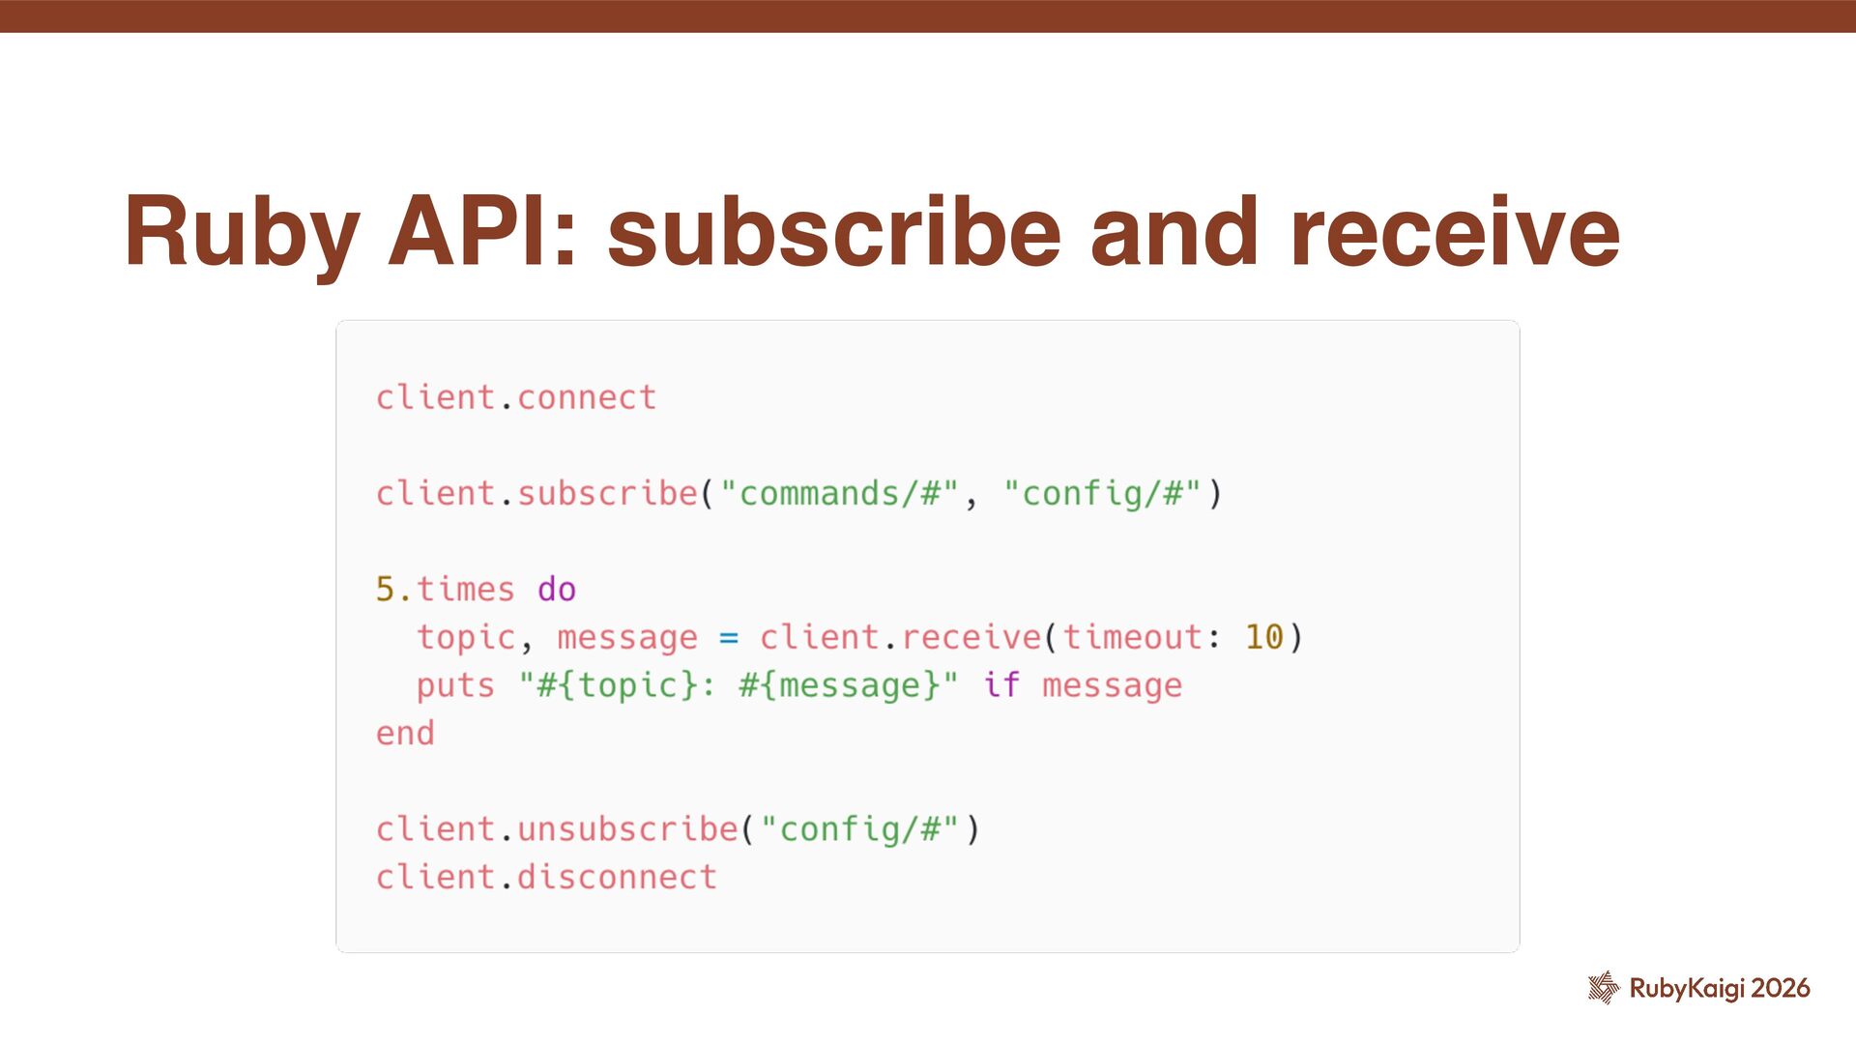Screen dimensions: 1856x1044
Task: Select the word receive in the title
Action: [1454, 233]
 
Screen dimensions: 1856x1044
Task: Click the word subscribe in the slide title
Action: [833, 233]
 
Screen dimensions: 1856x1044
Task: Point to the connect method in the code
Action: [586, 397]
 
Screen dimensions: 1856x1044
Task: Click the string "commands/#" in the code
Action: [839, 494]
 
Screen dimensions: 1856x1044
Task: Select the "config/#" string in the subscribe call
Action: [1102, 494]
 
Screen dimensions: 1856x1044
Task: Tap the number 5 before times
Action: [385, 590]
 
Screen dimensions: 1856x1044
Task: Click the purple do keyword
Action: [556, 590]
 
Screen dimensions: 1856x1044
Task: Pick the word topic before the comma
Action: [466, 638]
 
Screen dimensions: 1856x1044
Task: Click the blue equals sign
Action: [728, 638]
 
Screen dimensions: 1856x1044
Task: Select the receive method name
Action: [971, 638]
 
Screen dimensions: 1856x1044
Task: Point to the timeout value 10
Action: [1263, 638]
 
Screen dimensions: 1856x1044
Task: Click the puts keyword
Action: [454, 686]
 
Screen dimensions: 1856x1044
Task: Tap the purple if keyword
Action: [1001, 685]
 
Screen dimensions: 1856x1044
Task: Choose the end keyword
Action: [405, 734]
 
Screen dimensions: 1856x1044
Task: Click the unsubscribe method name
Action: [627, 829]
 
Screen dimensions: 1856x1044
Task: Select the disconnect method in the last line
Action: [617, 878]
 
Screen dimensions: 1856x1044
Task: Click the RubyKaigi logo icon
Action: [1603, 987]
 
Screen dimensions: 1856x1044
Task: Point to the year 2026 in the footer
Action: [1781, 988]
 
